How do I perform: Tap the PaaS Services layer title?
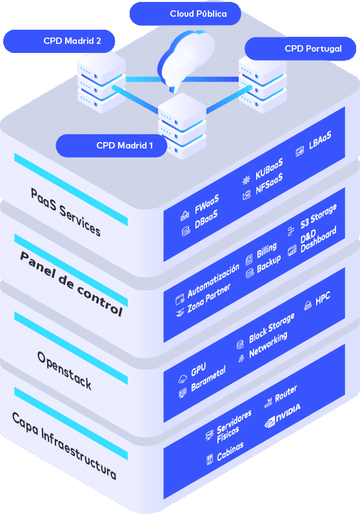65,212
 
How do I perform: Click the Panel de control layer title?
71,283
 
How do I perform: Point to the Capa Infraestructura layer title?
65,446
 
